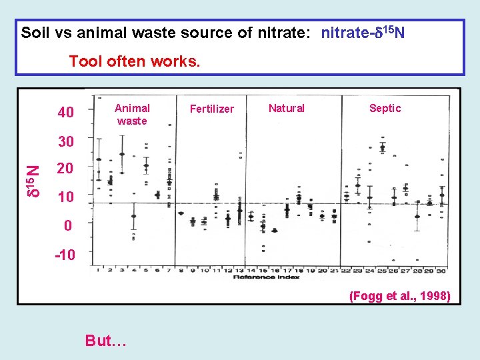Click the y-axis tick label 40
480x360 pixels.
click(x=65, y=112)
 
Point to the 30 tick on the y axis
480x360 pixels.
click(x=65, y=142)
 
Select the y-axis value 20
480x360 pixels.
click(x=65, y=169)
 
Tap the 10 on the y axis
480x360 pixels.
click(x=65, y=197)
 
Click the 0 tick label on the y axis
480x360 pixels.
click(x=68, y=226)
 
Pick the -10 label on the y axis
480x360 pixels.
click(x=65, y=255)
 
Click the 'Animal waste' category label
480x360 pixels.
click(x=132, y=114)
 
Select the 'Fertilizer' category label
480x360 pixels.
click(x=212, y=109)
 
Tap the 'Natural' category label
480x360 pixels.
click(x=286, y=108)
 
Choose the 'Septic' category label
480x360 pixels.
click(x=385, y=108)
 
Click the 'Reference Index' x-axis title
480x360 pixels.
click(x=261, y=277)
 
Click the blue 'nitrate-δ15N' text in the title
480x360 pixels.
click(x=363, y=32)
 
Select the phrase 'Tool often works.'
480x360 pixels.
click(x=134, y=62)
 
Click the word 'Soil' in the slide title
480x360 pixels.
click(x=35, y=32)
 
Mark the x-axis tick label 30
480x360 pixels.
click(x=441, y=269)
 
